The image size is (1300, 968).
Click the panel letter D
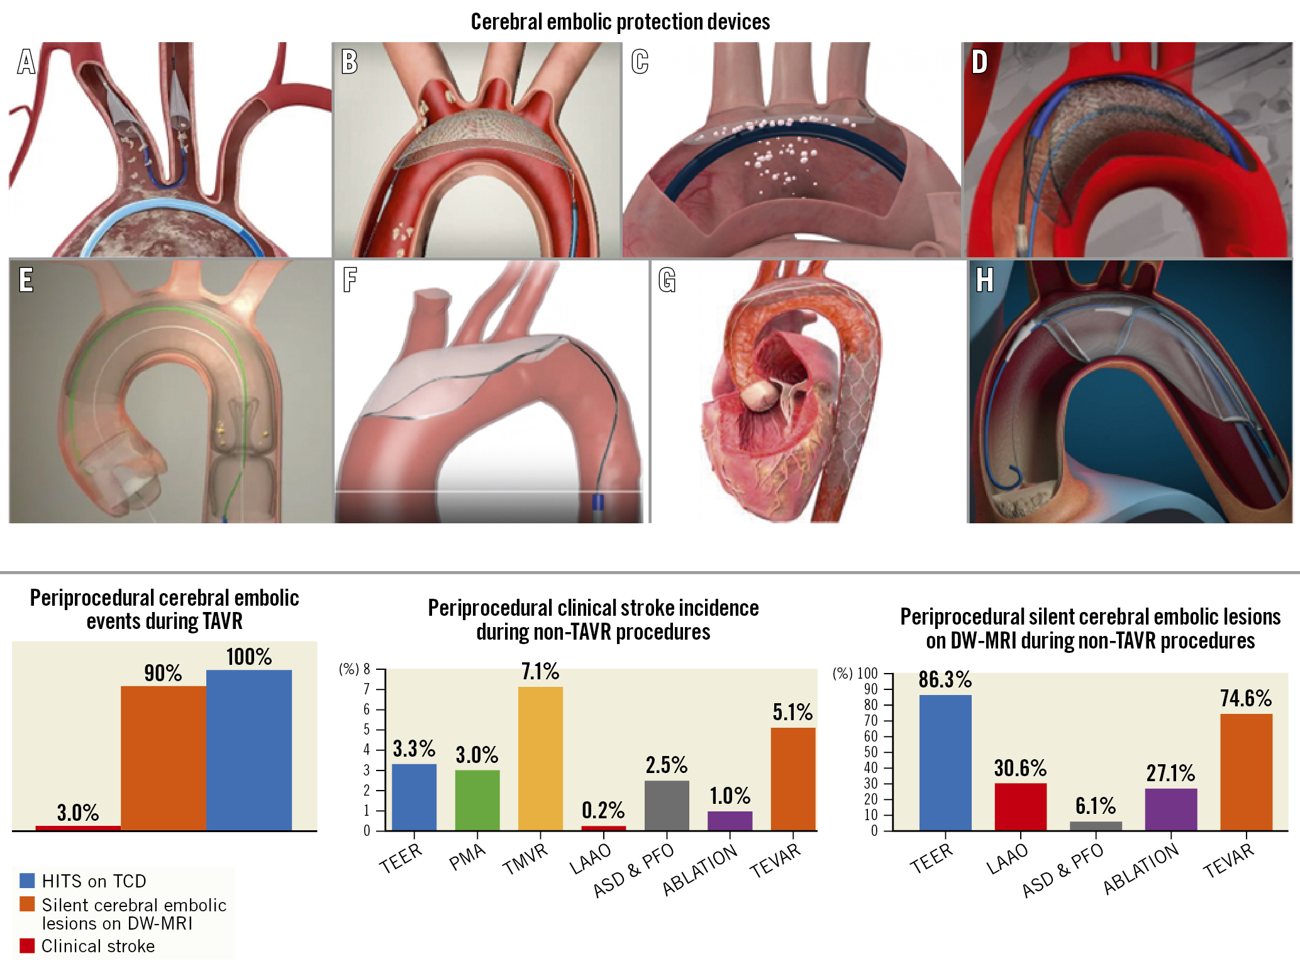tap(979, 62)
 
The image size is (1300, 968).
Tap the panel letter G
tap(667, 280)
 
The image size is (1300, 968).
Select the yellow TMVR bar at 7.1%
tap(540, 758)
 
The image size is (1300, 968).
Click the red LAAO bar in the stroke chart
tap(603, 828)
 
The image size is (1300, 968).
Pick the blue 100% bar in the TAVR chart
tap(249, 750)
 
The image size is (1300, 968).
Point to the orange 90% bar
tap(163, 758)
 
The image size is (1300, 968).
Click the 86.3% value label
tap(945, 679)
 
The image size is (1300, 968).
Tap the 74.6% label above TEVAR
tap(1245, 698)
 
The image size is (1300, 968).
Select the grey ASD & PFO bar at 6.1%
tap(1096, 826)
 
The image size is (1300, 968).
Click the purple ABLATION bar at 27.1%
tap(1170, 809)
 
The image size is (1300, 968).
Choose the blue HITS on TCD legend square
tap(27, 880)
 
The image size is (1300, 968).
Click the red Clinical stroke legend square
tap(27, 945)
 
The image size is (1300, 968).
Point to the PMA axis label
tap(467, 857)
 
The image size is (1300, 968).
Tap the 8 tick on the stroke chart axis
tap(367, 669)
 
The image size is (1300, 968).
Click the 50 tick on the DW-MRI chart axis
tap(870, 752)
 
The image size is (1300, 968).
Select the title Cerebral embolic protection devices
tap(620, 22)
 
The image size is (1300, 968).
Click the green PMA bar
tap(477, 800)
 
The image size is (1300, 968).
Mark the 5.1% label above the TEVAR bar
tap(792, 712)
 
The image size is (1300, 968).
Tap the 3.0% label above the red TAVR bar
tap(78, 813)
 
